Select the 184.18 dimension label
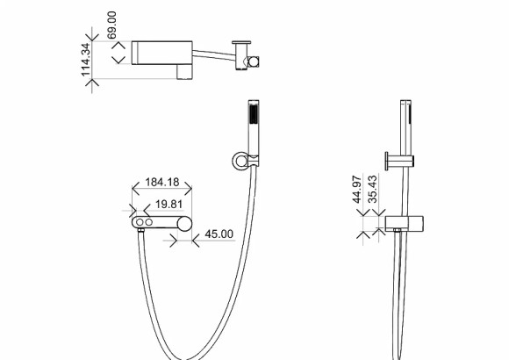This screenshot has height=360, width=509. pyautogui.click(x=162, y=183)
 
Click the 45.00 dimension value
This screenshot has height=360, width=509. pyautogui.click(x=219, y=234)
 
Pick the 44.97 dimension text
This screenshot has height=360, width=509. pyautogui.click(x=358, y=190)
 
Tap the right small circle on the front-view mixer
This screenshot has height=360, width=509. pyautogui.click(x=149, y=224)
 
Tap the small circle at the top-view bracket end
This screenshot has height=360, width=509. pyautogui.click(x=254, y=61)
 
